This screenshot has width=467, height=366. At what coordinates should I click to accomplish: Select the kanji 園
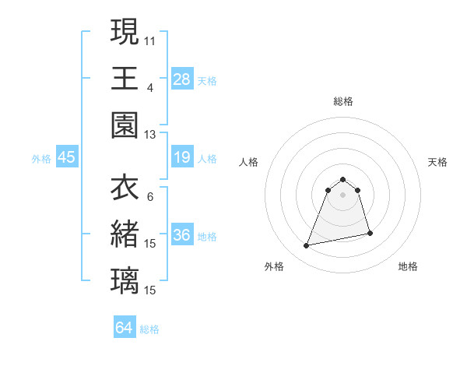[x=125, y=125]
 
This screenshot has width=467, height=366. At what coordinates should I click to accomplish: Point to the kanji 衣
[x=125, y=188]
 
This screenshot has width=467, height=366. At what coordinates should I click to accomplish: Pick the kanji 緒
[x=125, y=234]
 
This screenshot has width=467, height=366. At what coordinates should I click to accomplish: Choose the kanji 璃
[x=125, y=280]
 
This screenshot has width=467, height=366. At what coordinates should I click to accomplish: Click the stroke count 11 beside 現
[x=150, y=40]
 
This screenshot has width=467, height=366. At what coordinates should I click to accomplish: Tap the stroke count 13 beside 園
[x=150, y=135]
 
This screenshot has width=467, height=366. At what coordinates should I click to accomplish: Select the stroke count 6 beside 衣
[x=150, y=198]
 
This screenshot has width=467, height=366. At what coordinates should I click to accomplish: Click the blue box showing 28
[x=182, y=79]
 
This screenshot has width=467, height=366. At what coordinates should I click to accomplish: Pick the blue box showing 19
[x=182, y=158]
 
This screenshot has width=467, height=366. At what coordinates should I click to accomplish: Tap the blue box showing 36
[x=182, y=235]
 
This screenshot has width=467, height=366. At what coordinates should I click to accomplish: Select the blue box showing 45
[x=66, y=158]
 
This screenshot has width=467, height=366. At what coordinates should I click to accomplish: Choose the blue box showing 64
[x=125, y=328]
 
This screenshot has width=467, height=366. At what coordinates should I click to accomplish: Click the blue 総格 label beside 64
[x=149, y=329]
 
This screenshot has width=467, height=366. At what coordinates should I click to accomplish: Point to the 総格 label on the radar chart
[x=342, y=101]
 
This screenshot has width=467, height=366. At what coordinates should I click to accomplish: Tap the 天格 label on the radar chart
[x=437, y=162]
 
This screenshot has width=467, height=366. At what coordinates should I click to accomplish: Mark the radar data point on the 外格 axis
[x=307, y=246]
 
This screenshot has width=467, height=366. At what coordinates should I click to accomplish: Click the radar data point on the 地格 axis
[x=370, y=233]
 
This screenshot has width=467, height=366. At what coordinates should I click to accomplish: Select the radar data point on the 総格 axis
[x=342, y=178]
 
